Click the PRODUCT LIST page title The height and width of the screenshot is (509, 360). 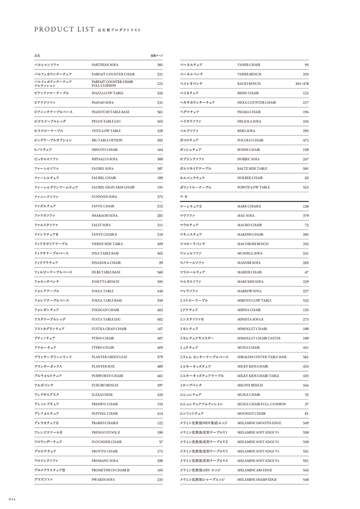64,30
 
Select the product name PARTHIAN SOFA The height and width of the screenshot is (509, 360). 105,65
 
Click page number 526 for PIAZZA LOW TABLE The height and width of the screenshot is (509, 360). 160,93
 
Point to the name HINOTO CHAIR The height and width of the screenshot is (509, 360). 104,150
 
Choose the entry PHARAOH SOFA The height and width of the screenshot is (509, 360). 104,216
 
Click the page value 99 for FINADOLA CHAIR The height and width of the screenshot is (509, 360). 161,263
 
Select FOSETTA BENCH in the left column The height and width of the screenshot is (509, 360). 105,281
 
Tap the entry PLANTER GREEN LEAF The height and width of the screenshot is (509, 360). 109,357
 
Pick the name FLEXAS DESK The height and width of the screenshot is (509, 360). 102,395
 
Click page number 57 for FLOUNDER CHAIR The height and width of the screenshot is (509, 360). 161,442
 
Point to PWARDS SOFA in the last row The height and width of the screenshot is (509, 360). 103,479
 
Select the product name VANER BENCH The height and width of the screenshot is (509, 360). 249,74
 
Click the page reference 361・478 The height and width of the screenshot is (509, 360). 302,84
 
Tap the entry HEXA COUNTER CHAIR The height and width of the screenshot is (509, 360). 257,103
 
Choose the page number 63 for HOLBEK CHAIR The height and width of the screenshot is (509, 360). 306,178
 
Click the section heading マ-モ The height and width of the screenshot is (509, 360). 184,197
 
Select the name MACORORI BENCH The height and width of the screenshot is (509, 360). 253,244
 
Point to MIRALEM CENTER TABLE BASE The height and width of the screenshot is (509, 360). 262,357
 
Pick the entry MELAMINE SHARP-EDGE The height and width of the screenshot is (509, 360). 257,479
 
